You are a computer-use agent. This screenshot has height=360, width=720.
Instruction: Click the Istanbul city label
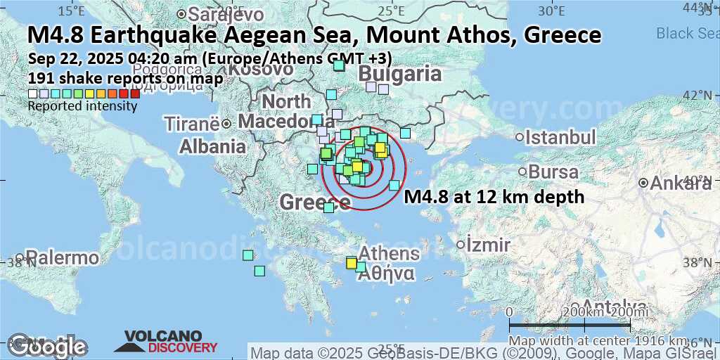point(560,137)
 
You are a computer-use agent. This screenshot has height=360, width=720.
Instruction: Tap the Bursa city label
point(553,172)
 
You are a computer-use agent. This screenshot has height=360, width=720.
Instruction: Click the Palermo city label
point(55,258)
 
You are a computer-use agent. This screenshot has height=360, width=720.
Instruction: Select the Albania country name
point(212,147)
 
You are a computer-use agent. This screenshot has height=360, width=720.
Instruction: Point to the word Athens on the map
point(389,254)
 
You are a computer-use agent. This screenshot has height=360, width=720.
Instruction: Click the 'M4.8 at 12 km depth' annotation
point(494,197)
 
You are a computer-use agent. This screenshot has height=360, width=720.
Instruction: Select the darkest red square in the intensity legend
point(135,94)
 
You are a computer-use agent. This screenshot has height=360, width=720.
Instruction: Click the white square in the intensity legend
point(32,94)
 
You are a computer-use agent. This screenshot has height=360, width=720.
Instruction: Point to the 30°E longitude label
point(551,11)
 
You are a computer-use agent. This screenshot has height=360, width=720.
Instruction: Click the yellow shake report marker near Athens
point(351,263)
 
